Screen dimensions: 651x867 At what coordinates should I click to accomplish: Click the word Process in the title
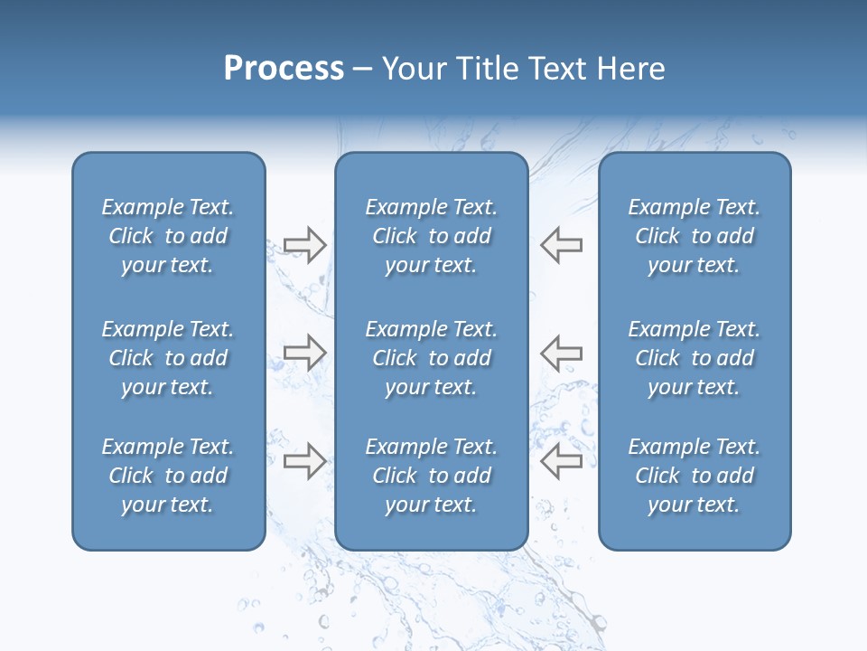click(284, 69)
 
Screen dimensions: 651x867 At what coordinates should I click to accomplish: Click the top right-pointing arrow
click(304, 245)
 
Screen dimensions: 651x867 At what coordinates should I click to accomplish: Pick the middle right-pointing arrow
click(304, 353)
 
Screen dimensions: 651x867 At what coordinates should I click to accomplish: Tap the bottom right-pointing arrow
click(304, 460)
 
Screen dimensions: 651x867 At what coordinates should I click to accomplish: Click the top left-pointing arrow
click(561, 245)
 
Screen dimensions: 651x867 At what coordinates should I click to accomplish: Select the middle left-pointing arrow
click(561, 353)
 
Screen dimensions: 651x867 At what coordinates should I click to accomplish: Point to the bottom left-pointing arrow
click(561, 460)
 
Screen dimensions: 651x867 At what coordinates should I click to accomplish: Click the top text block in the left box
click(168, 236)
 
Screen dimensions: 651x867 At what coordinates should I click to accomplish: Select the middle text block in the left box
click(168, 358)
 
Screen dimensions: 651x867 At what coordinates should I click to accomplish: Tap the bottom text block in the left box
click(168, 476)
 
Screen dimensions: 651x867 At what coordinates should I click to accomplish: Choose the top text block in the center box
click(432, 236)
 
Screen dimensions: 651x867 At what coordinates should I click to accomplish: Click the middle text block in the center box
click(432, 358)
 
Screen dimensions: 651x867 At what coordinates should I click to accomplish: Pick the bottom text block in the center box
click(432, 476)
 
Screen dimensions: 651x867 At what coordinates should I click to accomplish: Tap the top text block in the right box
click(695, 236)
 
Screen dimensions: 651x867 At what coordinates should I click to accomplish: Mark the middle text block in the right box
click(695, 358)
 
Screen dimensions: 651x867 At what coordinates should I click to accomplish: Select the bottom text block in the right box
click(695, 476)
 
